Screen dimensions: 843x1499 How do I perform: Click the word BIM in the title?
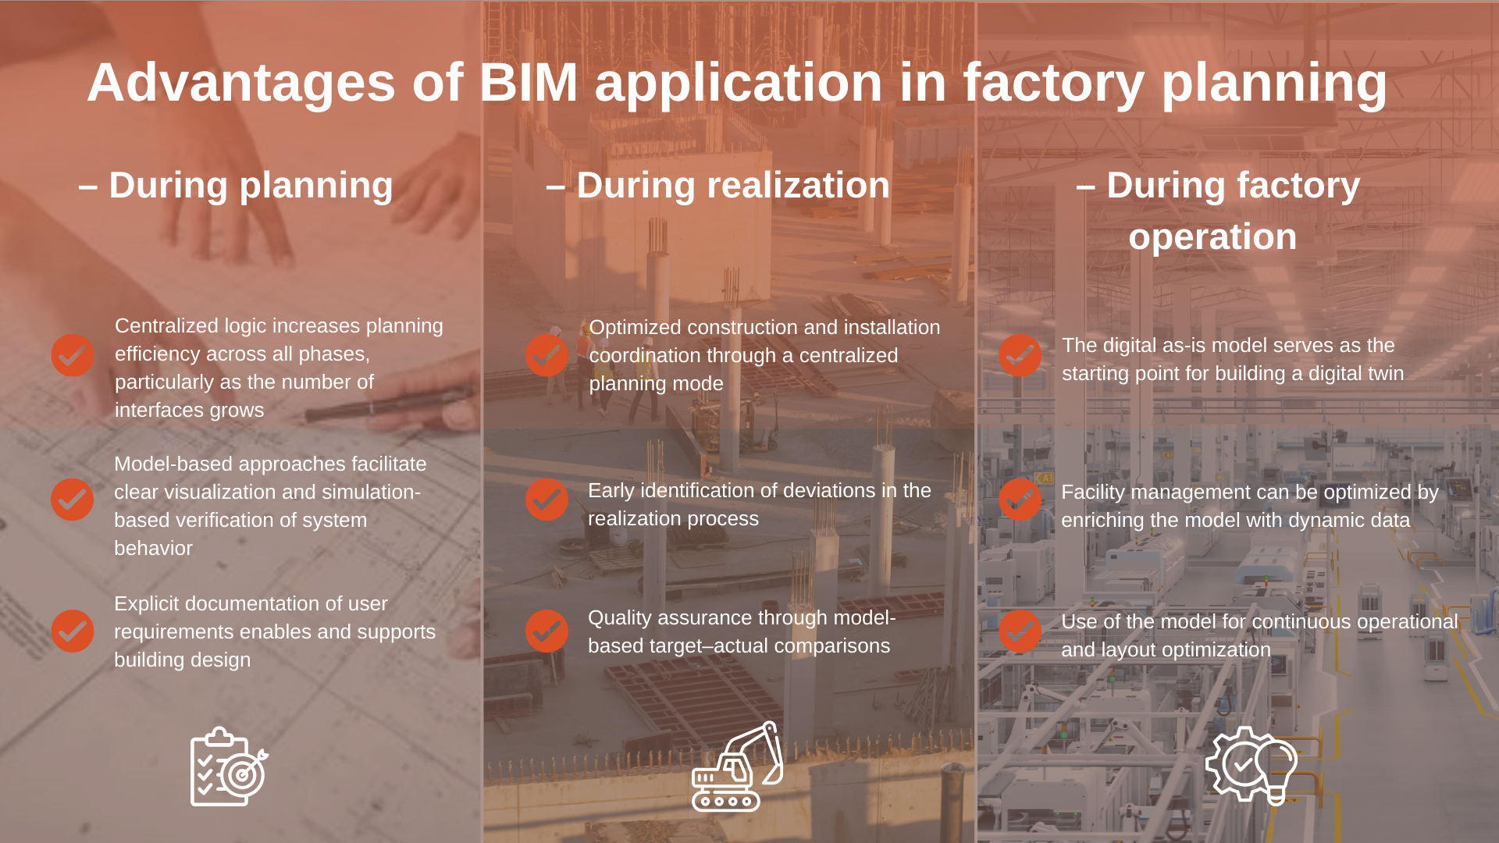coord(528,83)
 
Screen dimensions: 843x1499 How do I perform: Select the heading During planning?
coord(236,186)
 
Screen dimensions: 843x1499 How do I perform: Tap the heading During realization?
coord(718,186)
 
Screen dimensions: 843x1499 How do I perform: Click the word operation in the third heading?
coord(1212,237)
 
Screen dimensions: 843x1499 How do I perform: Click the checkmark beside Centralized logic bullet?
coord(73,356)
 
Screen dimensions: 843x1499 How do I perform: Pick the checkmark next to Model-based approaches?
coord(73,500)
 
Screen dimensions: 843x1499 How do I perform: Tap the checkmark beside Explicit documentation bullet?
coord(73,631)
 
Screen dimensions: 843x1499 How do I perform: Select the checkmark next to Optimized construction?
coord(547,356)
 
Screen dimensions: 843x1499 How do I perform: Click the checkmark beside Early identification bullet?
coord(547,500)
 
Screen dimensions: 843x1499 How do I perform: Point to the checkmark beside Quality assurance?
coord(547,631)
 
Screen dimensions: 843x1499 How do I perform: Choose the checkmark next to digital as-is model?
coord(1020,356)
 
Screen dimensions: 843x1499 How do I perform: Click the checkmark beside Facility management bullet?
coord(1020,500)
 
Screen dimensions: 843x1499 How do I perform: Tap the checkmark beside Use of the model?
coord(1020,631)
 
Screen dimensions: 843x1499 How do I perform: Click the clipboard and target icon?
coord(229,767)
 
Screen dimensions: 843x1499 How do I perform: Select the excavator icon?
coord(736,767)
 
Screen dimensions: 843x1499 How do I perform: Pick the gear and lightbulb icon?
coord(1252,765)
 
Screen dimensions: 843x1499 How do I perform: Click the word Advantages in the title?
coord(241,83)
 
